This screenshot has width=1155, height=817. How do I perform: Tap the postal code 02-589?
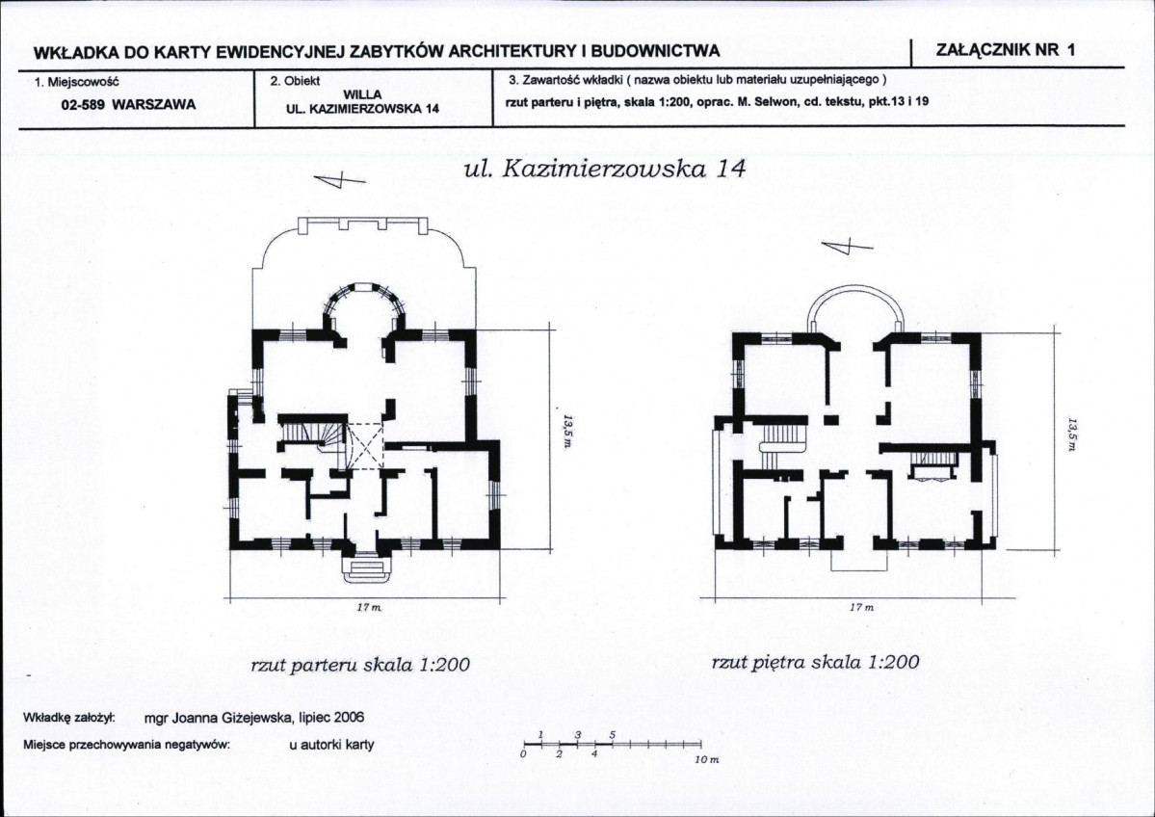point(83,106)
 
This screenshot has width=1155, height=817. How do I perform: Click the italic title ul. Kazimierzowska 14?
point(605,170)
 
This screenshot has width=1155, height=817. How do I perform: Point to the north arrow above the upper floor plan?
point(847,248)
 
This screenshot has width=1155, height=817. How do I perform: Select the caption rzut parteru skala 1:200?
point(360,665)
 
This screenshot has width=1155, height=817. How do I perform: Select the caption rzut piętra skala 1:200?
point(815,663)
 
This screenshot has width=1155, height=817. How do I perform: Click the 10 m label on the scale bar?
point(706,760)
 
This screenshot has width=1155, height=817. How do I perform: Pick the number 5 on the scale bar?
point(613,735)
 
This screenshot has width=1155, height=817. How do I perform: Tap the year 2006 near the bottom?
point(345,718)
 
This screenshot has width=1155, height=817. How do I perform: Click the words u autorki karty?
point(331,744)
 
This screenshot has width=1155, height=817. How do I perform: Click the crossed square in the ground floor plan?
point(365,446)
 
